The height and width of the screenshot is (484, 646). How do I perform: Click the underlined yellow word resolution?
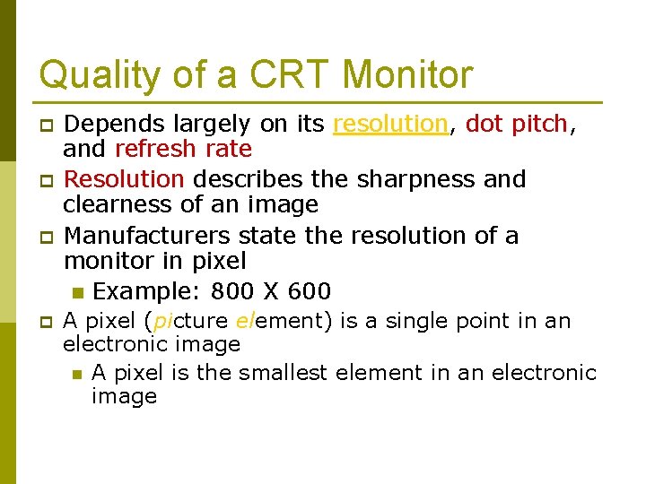click(x=390, y=124)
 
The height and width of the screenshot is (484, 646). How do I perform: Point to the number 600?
click(x=309, y=291)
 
